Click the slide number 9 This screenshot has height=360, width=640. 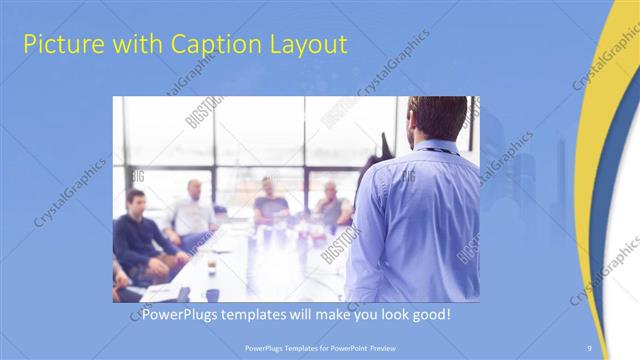[589, 346]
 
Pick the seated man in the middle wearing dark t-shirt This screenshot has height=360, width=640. [269, 204]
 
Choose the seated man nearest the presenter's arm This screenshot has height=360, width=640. [332, 205]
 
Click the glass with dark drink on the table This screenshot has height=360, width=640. [211, 265]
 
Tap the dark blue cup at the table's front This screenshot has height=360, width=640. [212, 294]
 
